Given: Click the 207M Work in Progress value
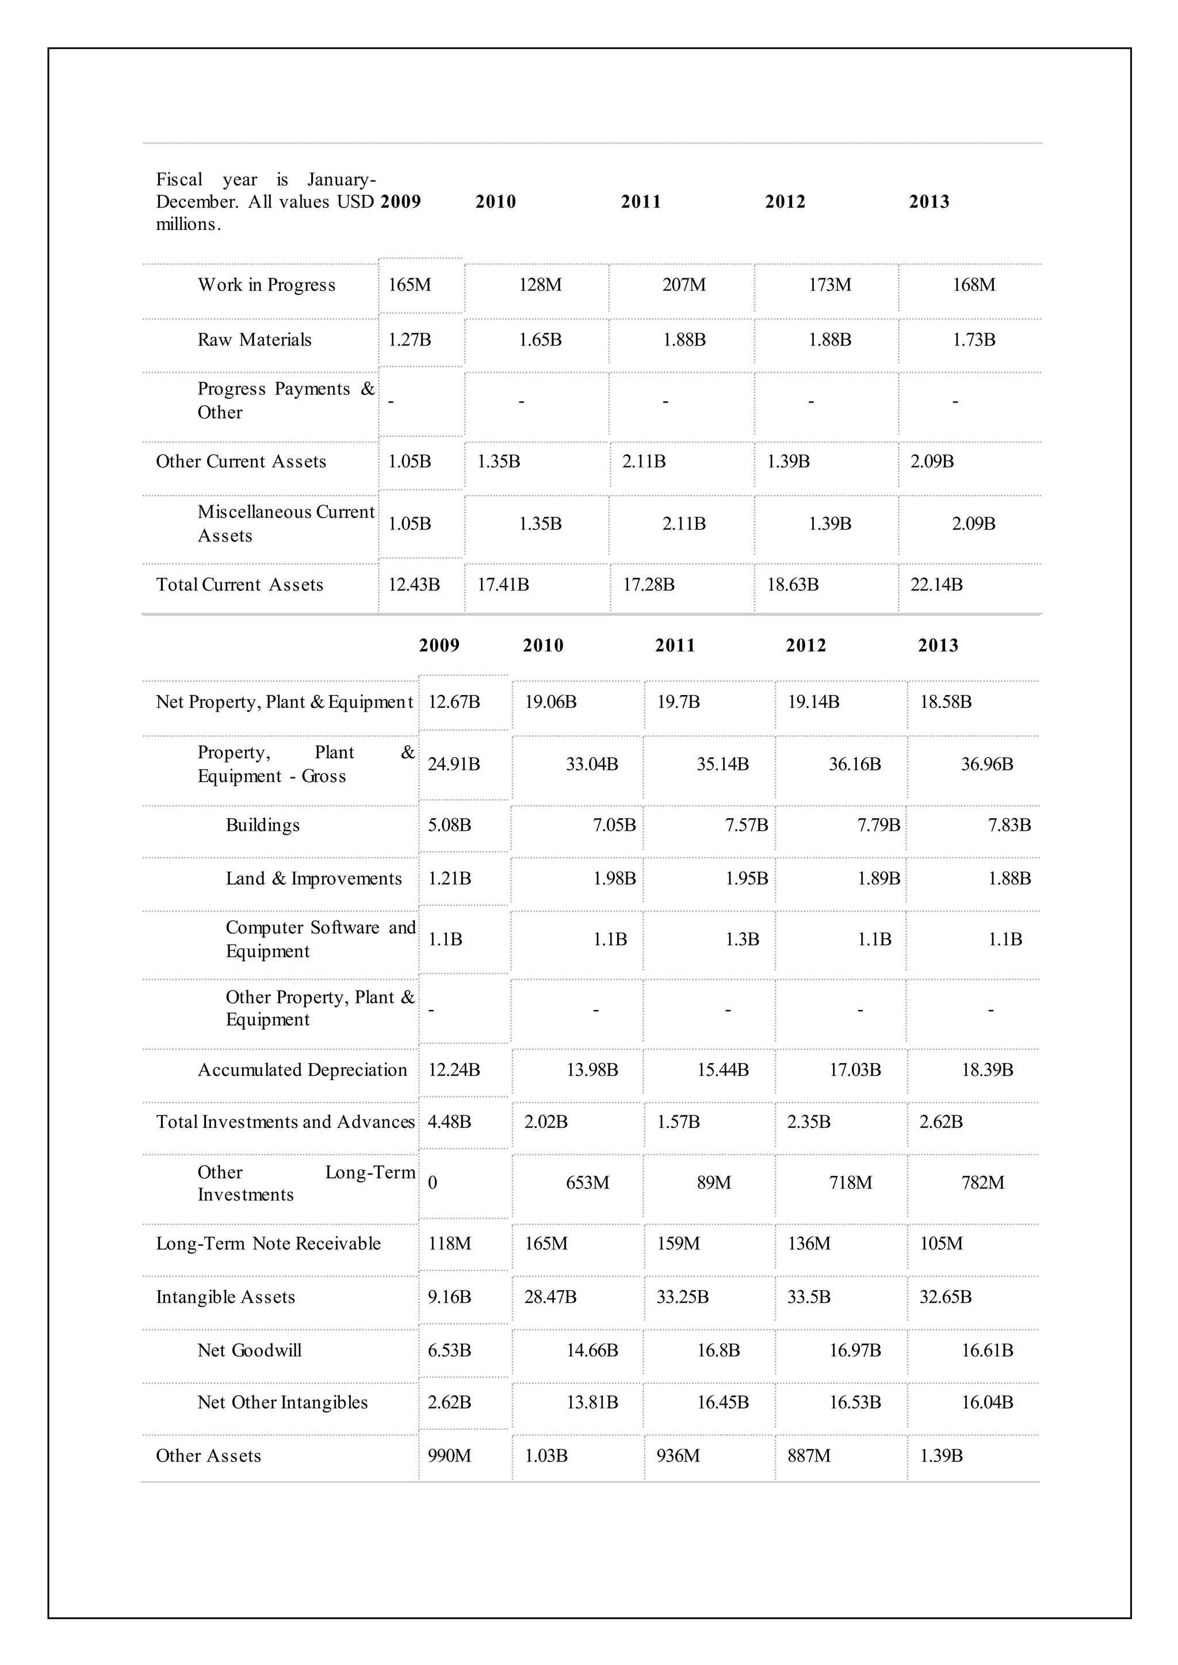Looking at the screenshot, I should pos(683,285).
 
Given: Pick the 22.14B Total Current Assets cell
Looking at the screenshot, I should pos(936,585).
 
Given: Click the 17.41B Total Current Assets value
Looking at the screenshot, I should pos(503,585).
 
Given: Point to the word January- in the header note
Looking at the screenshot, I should pos(341,179).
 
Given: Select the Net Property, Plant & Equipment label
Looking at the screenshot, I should pos(284,702).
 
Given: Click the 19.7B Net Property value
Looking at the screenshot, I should pos(678,702).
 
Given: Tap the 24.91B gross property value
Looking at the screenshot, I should pos(453,764).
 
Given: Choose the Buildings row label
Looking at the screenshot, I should pos(263,825).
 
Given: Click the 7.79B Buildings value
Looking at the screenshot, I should pos(878,825).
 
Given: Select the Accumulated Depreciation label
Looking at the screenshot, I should pos(303,1071).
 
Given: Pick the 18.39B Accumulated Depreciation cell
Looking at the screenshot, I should pos(987,1071).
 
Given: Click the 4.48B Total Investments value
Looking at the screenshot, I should pos(449,1123).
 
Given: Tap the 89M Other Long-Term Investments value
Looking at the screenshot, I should pos(714,1183).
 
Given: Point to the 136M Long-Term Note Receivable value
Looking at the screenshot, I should pos(809,1244).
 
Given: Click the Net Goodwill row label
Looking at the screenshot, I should pos(250,1351).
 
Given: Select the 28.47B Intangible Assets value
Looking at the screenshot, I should pos(550,1298).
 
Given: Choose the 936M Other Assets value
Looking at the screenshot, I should pos(678,1456).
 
